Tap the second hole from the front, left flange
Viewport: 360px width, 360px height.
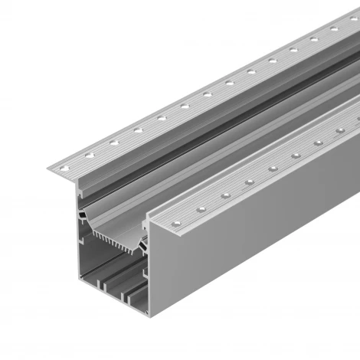[90, 154]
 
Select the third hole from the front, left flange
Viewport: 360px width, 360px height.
[113, 142]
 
